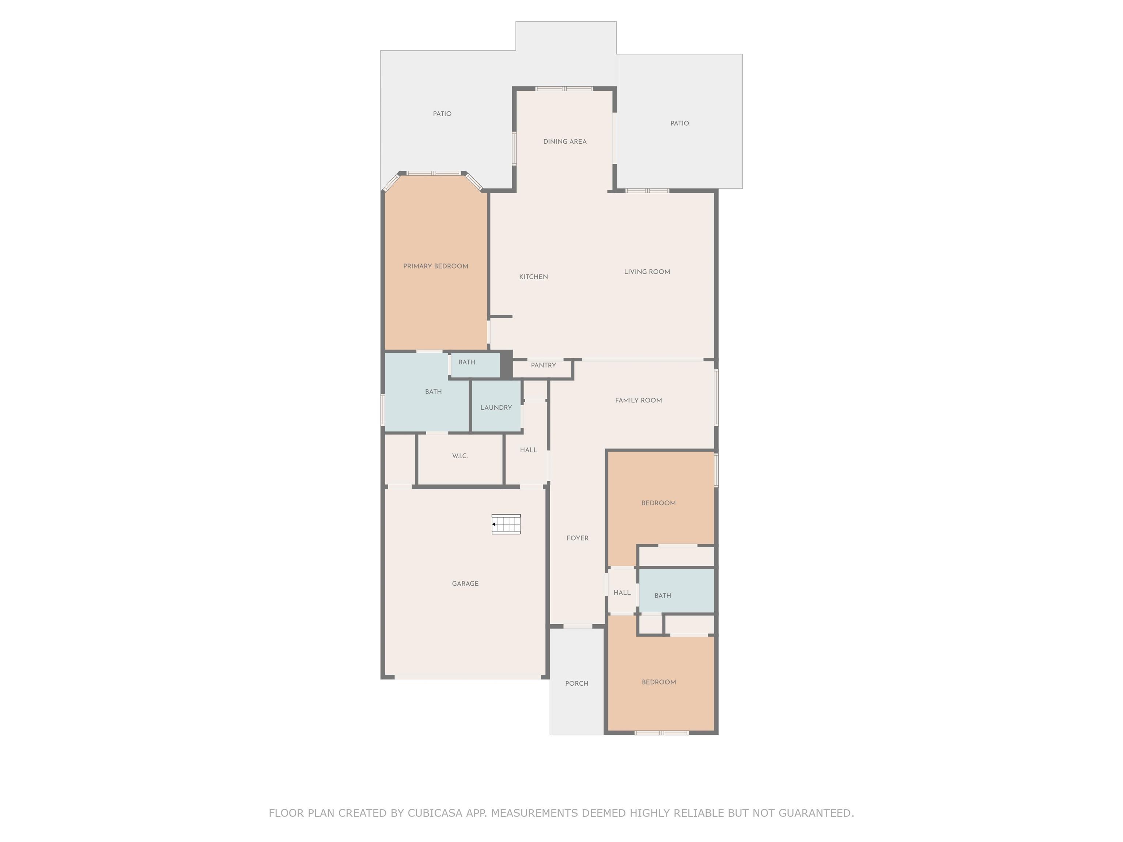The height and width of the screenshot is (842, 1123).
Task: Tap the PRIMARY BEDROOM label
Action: (436, 266)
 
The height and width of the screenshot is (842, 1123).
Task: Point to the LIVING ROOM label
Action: (647, 272)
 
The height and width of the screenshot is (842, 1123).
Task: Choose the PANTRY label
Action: (543, 365)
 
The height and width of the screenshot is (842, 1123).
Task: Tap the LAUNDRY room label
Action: (496, 407)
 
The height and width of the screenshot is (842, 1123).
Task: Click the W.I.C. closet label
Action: (460, 456)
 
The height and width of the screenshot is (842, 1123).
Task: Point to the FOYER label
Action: (578, 538)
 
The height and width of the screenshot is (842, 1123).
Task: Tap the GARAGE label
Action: (465, 584)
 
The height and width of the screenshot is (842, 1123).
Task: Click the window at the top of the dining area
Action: (564, 89)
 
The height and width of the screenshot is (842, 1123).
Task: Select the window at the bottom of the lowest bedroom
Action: (662, 733)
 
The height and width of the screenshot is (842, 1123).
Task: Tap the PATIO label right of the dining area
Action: (679, 123)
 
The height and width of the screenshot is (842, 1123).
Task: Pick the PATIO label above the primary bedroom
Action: (442, 114)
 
